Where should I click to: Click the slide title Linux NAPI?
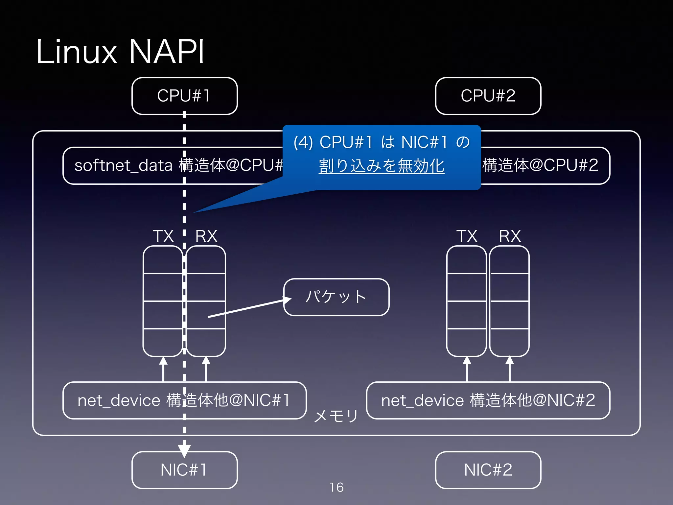(x=120, y=52)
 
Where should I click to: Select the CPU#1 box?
(x=184, y=96)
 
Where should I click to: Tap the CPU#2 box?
(x=488, y=96)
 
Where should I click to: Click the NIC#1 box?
(x=184, y=470)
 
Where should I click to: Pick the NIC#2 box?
(x=488, y=470)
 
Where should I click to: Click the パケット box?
(x=336, y=297)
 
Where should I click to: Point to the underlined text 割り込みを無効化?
(x=382, y=166)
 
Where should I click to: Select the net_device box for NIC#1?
(x=184, y=400)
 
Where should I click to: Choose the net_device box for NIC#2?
(x=488, y=400)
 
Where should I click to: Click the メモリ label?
(x=336, y=416)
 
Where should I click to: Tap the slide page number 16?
(x=336, y=487)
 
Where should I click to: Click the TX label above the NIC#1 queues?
(x=163, y=236)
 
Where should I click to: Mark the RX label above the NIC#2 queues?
(x=510, y=236)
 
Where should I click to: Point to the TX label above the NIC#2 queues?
(x=467, y=236)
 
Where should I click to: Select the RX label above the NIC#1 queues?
(x=206, y=236)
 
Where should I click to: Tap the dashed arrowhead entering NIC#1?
(x=184, y=450)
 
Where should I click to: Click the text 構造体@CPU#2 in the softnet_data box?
(x=540, y=165)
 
